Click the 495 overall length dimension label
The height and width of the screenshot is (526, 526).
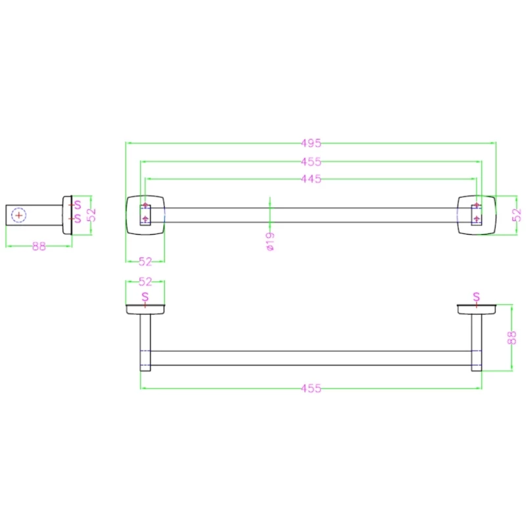[x=311, y=143]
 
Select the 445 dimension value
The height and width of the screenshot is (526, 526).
[x=311, y=179]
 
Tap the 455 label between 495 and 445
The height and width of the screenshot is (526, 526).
[x=311, y=161]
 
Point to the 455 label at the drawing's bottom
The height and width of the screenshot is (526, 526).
[x=311, y=389]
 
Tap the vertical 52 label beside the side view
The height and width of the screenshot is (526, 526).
[x=92, y=215]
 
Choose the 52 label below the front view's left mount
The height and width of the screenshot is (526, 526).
[x=145, y=262]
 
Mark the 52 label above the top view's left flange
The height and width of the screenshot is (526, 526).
[x=145, y=281]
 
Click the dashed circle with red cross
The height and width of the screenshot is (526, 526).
[x=19, y=215]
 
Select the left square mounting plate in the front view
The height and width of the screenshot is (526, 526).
[x=145, y=214]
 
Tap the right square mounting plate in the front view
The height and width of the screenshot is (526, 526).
[x=476, y=214]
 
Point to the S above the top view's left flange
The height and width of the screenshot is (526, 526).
[x=145, y=297]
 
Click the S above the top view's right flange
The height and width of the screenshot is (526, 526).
[x=477, y=297]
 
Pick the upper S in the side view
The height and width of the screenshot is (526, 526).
[x=77, y=205]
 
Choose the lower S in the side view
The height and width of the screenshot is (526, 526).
[x=77, y=218]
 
